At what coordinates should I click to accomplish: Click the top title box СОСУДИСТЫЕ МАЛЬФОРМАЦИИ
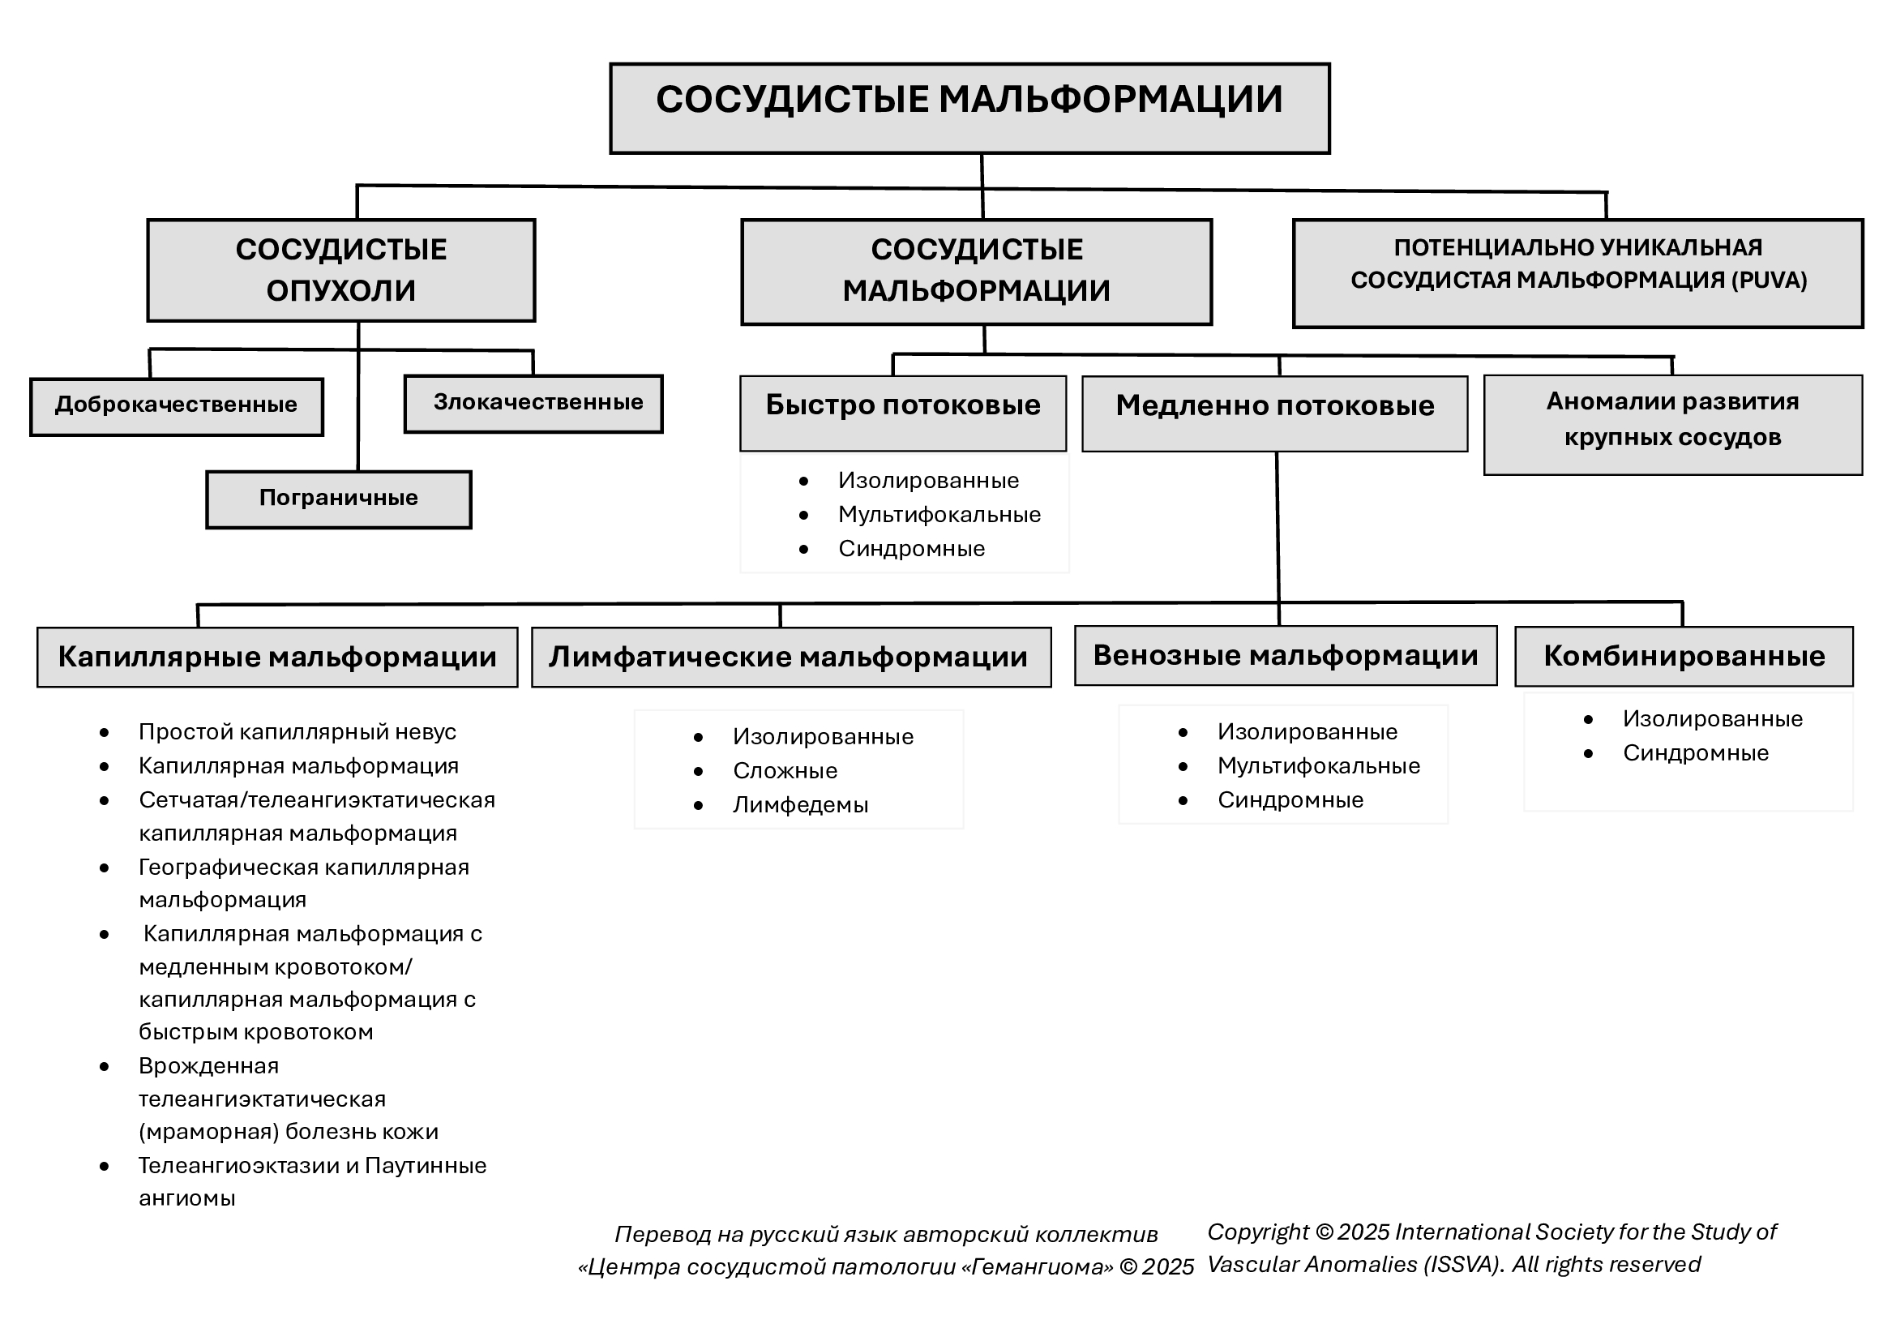coord(969,108)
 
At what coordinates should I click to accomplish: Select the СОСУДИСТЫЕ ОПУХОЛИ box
coord(341,270)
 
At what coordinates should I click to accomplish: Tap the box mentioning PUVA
coord(1578,273)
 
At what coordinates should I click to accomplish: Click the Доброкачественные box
coord(177,407)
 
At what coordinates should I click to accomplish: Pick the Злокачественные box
coord(533,404)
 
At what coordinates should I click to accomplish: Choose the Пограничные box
coord(339,499)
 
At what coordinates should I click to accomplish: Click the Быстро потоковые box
coord(903,413)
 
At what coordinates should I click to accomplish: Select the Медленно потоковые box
coord(1275,413)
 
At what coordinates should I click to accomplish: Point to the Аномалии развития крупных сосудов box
coord(1673,426)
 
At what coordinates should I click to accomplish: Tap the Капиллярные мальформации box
coord(277,658)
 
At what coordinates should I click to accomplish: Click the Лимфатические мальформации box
coord(791,658)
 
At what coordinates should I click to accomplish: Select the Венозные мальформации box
coord(1286,656)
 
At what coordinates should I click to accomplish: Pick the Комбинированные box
coord(1684,657)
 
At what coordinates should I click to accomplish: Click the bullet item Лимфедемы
coord(800,805)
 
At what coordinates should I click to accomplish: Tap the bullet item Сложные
coord(785,771)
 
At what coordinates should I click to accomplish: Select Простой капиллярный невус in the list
coord(297,732)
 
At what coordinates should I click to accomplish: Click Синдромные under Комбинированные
coord(1695,753)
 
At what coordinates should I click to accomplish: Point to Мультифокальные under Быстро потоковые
coord(939,516)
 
